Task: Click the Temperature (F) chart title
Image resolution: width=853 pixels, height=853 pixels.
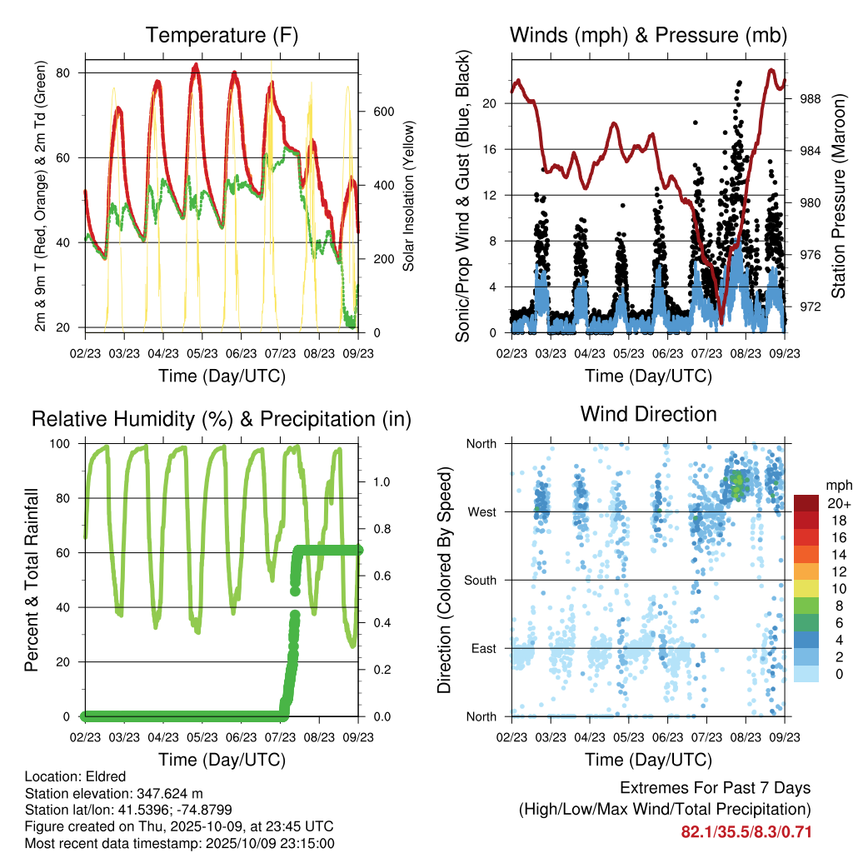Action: click(222, 35)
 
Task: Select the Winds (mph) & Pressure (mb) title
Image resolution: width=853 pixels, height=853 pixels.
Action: click(648, 35)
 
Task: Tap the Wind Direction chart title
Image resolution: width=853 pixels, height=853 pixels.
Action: click(648, 414)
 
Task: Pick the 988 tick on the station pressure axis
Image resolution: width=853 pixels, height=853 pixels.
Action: click(810, 98)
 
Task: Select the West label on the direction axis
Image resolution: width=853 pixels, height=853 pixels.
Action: click(482, 511)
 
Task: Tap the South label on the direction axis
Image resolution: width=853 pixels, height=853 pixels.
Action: click(481, 580)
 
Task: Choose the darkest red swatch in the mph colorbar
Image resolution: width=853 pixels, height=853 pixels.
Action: click(806, 503)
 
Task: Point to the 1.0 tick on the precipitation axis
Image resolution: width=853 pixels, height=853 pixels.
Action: click(381, 481)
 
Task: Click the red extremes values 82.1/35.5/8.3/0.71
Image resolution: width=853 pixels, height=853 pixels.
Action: click(746, 832)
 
